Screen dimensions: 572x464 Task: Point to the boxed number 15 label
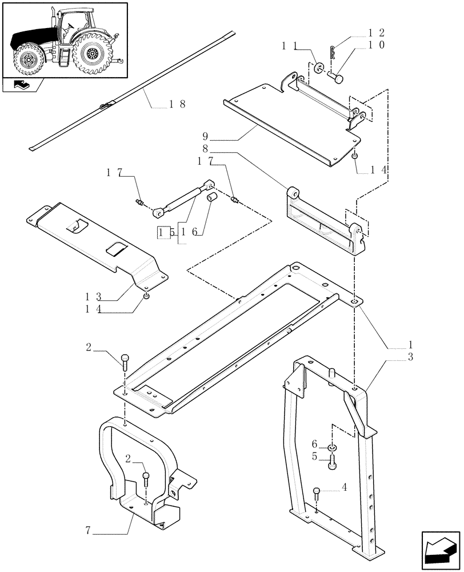165,233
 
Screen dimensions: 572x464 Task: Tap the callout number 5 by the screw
314,456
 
